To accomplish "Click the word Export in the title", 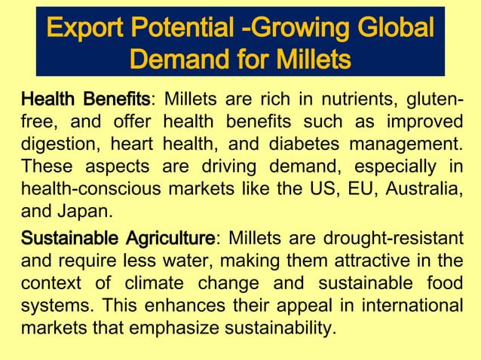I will (x=87, y=29).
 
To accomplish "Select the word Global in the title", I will (x=394, y=29).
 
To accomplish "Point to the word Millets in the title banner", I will (x=308, y=58).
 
